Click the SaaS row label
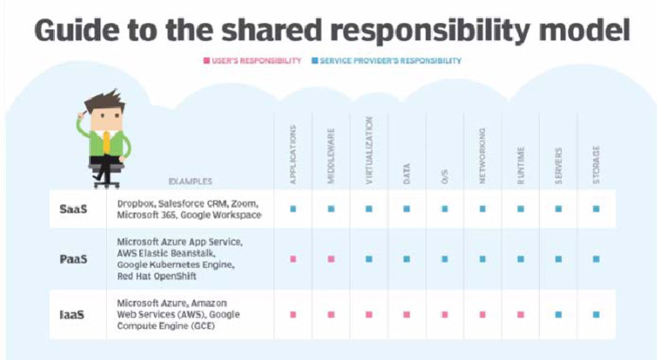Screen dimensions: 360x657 tap(74, 210)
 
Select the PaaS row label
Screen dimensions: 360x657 tap(74, 258)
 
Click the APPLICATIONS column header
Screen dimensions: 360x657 tap(293, 154)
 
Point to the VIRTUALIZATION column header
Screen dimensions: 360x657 tap(369, 150)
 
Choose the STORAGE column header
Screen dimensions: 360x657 tap(595, 162)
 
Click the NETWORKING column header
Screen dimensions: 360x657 tap(482, 156)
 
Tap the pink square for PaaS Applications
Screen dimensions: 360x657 tap(293, 258)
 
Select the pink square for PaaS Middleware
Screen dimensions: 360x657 tap(331, 258)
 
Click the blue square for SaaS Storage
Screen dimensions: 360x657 tap(595, 210)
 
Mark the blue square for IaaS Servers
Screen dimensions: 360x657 tap(558, 315)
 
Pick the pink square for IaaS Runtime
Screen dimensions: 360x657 tap(520, 315)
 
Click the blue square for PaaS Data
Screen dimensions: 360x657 tap(406, 258)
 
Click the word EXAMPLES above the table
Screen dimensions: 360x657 tap(190, 181)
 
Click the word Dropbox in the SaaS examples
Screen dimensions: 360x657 tap(134, 204)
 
